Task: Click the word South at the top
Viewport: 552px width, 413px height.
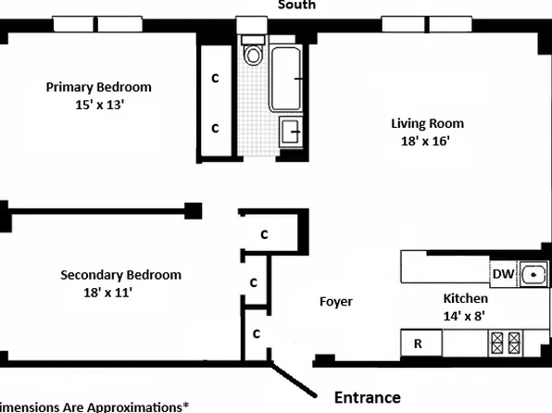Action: coord(297,6)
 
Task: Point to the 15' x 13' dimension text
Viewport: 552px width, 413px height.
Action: coord(99,105)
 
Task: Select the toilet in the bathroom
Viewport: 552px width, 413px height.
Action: coord(253,54)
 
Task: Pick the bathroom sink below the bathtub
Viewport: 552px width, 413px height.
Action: coord(289,132)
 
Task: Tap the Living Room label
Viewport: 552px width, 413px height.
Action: coord(427,123)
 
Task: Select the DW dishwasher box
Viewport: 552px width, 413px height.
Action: coord(503,274)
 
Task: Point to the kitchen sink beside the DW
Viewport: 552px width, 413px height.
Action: coord(534,274)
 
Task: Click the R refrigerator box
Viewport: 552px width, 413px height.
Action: coord(419,344)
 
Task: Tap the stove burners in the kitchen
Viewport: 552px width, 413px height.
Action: coord(508,344)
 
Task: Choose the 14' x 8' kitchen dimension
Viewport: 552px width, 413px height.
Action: coord(465,316)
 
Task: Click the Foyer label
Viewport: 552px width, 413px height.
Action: coord(335,302)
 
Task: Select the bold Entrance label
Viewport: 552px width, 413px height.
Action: coord(367,397)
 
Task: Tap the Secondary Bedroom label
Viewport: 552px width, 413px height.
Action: coord(120,275)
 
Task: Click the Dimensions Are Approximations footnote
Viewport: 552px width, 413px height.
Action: coord(93,407)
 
